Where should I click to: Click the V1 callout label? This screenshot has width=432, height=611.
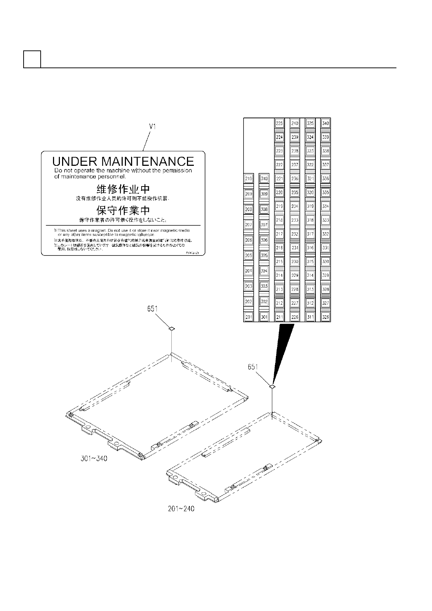(153, 127)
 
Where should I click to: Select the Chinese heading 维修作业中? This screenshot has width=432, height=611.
(123, 189)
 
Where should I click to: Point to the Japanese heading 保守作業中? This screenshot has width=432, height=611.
(123, 210)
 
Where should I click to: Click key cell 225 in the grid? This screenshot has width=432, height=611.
(279, 123)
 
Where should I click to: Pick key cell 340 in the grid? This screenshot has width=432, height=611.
(326, 123)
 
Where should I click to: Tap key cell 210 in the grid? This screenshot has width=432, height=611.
(249, 179)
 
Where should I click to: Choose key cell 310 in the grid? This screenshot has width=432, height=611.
(264, 179)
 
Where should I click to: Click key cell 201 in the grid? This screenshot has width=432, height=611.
(249, 317)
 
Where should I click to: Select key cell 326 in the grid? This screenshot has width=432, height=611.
(326, 317)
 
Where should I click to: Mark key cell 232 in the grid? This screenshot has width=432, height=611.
(295, 234)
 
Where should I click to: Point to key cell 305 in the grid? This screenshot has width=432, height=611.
(264, 255)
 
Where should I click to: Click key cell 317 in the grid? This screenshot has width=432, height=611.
(310, 234)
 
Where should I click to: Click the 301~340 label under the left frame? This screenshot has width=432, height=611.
(94, 459)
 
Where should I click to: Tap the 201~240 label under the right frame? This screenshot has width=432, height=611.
(181, 509)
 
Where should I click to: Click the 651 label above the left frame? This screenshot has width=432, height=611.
(152, 309)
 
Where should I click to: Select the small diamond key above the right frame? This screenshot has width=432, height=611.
(272, 387)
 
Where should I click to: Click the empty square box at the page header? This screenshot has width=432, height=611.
(32, 59)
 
